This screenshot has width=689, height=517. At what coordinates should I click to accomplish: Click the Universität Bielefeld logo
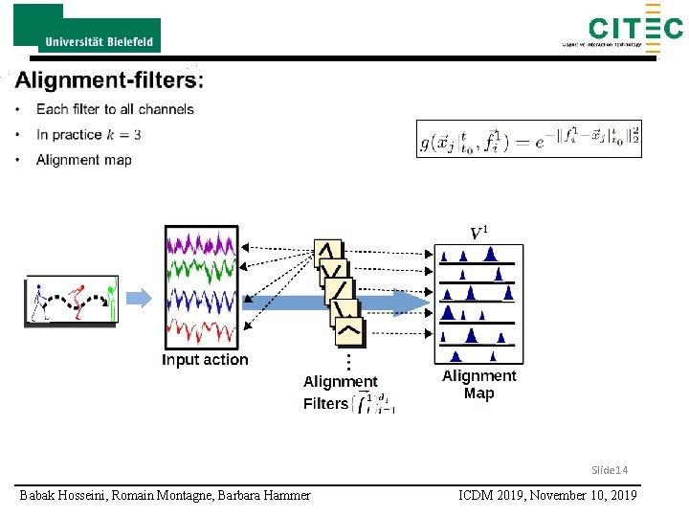tap(87, 29)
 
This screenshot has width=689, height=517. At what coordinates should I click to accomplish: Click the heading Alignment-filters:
tap(109, 79)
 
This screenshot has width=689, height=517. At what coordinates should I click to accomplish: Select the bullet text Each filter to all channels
tap(114, 109)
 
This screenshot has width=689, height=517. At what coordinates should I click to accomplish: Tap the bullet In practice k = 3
tap(88, 134)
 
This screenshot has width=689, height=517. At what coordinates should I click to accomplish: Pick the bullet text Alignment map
tap(83, 159)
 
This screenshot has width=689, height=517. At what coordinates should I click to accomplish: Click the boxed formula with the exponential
tap(529, 140)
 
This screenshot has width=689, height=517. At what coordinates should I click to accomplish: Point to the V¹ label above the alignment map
tap(479, 232)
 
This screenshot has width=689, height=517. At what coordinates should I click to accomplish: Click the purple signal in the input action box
tap(201, 244)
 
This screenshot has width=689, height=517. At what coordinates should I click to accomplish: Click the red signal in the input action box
tap(201, 331)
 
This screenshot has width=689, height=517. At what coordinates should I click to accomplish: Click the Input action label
tap(205, 360)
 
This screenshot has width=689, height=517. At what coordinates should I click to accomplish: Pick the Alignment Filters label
tap(340, 393)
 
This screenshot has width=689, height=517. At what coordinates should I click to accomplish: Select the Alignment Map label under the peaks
tap(478, 384)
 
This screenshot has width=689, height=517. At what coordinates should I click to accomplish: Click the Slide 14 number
tap(609, 470)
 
